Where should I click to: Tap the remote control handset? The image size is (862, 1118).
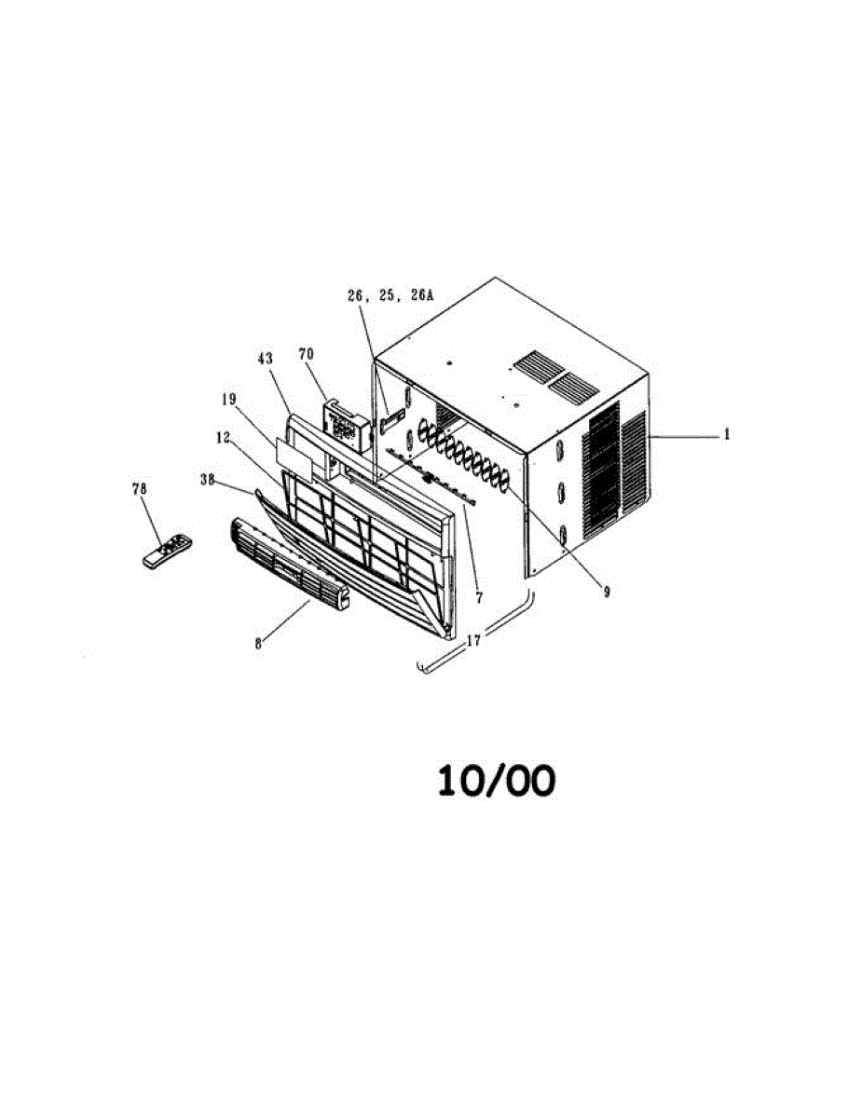coord(167,551)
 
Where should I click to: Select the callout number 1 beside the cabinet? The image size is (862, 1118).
coord(728,434)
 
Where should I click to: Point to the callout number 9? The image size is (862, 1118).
coord(606,591)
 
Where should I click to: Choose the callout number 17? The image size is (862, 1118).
coord(475,640)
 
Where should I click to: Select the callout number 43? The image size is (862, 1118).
coord(264,358)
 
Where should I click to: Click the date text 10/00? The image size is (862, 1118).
coord(497,781)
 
